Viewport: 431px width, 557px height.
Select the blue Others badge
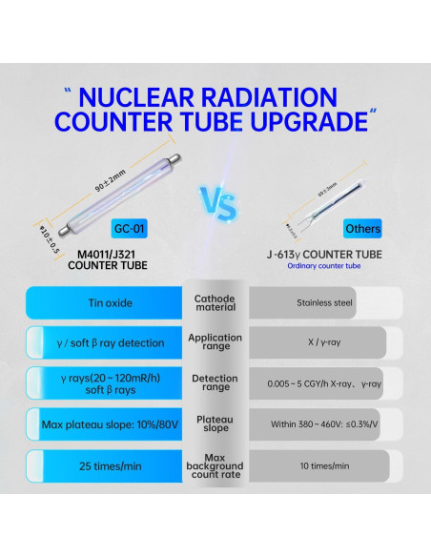362,230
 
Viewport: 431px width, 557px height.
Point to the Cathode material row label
215,304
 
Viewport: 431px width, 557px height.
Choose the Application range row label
215,342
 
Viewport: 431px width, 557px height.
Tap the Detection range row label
215,383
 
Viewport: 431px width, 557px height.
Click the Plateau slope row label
215,424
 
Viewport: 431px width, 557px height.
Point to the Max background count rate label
215,466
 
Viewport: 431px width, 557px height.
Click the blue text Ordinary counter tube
321,266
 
